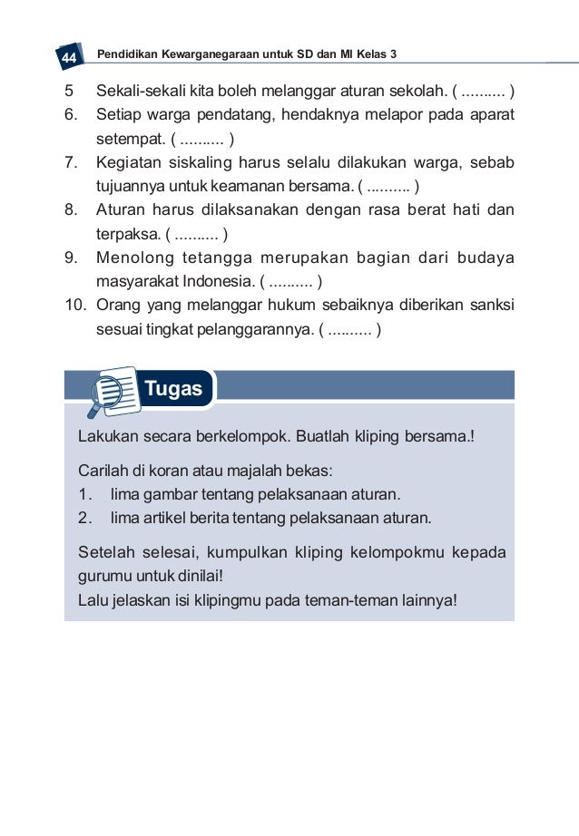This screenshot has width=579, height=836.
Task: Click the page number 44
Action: point(67,58)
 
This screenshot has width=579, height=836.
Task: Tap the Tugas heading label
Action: point(172,389)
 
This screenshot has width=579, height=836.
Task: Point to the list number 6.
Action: point(70,116)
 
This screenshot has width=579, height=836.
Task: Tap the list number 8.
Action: point(70,210)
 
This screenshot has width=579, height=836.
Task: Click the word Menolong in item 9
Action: point(135,258)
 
